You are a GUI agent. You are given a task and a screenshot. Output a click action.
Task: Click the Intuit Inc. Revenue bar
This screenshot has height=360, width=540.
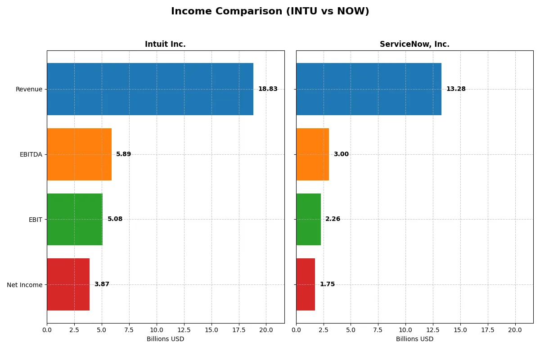(150, 89)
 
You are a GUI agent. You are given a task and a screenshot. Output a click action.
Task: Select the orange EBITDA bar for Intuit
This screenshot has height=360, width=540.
(79, 154)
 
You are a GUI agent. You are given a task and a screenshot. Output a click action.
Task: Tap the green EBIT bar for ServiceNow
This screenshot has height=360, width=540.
(308, 219)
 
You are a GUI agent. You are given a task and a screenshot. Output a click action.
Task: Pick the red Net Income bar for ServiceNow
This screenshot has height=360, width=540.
(306, 284)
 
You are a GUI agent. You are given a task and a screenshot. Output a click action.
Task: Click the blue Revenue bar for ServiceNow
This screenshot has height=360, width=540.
(369, 89)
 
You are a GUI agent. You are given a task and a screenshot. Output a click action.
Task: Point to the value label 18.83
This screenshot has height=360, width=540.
(268, 89)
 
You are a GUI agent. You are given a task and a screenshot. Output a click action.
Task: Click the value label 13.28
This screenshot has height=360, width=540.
(456, 89)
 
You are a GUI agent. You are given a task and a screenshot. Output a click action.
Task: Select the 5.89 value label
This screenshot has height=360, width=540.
(123, 154)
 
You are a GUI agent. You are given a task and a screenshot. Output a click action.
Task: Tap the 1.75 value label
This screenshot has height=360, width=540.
(327, 284)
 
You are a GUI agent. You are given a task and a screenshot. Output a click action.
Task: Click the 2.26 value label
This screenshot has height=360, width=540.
(333, 219)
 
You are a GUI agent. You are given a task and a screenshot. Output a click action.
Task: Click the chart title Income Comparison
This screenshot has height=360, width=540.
(270, 12)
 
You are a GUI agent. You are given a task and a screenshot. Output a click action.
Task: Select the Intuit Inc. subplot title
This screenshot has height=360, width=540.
(165, 44)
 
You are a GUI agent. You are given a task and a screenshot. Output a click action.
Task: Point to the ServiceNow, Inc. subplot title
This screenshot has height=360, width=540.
(414, 44)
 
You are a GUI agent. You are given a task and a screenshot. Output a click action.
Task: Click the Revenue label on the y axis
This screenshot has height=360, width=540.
(29, 89)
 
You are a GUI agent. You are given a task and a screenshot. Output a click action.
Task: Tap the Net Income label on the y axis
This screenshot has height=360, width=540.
(24, 284)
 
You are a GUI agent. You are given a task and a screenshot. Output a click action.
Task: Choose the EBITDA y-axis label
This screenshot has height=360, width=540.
(31, 154)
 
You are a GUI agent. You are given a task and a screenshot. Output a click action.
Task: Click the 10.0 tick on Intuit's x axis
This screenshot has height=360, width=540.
(156, 330)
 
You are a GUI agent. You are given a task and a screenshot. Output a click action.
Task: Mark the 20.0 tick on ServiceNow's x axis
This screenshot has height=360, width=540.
(515, 330)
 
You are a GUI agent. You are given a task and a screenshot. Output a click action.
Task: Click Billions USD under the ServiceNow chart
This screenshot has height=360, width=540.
(414, 339)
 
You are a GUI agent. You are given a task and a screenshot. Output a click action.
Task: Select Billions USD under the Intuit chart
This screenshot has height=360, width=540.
(165, 339)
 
